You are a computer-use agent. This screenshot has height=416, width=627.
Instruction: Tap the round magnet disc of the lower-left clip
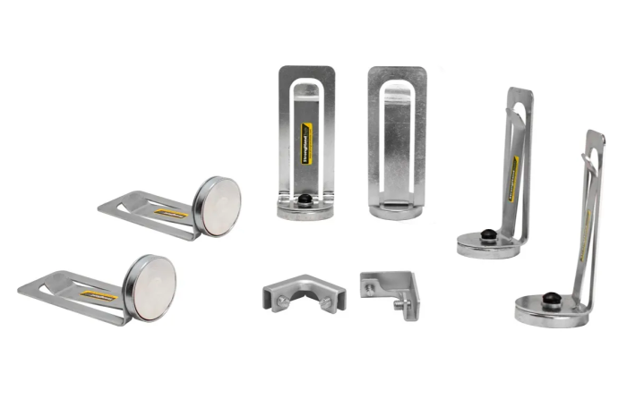click(150, 284)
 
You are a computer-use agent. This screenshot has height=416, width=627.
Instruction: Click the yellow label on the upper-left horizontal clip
click(171, 213)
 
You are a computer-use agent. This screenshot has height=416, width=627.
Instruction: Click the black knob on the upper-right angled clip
click(487, 235)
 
